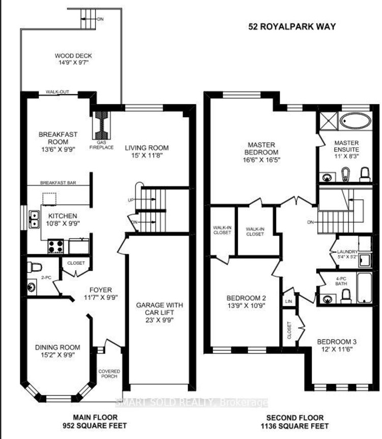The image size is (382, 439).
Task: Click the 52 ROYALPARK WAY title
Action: pyautogui.click(x=292, y=27)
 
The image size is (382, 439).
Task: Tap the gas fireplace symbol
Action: pyautogui.click(x=101, y=125)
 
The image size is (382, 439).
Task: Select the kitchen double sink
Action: pyautogui.click(x=34, y=219)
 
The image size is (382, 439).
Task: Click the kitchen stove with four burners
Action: pyautogui.click(x=56, y=246)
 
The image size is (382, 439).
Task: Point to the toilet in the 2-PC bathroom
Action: pyautogui.click(x=34, y=267)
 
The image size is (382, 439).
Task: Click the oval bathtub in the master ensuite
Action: pyautogui.click(x=356, y=121)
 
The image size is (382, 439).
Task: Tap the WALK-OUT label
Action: pyautogui.click(x=58, y=92)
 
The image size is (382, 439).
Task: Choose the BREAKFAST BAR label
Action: pyautogui.click(x=58, y=183)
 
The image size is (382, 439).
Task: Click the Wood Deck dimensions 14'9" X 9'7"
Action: pyautogui.click(x=73, y=62)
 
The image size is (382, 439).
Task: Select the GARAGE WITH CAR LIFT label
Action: pyautogui.click(x=159, y=308)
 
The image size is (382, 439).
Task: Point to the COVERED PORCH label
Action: pyautogui.click(x=109, y=374)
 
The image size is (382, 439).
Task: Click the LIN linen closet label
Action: pyautogui.click(x=289, y=301)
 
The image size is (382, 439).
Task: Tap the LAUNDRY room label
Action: pyautogui.click(x=347, y=252)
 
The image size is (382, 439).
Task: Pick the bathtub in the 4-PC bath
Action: pyautogui.click(x=364, y=288)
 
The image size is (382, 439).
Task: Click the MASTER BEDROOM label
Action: pyautogui.click(x=261, y=149)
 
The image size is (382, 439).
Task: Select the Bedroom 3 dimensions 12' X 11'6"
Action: pyautogui.click(x=337, y=349)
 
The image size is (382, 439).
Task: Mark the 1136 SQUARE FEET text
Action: pyautogui.click(x=295, y=426)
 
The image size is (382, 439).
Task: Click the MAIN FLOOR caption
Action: pyautogui.click(x=95, y=418)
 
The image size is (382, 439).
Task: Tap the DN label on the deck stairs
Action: pyautogui.click(x=100, y=19)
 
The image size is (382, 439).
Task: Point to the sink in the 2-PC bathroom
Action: pyautogui.click(x=32, y=287)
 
